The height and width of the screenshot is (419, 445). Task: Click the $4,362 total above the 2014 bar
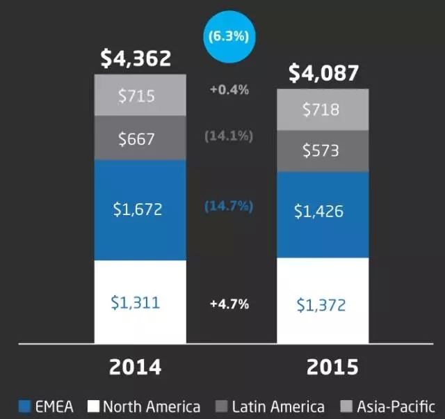(x=136, y=58)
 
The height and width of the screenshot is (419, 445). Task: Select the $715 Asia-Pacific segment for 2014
(x=140, y=96)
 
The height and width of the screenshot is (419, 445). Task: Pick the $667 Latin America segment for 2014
(x=140, y=139)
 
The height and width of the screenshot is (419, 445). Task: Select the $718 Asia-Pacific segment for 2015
(x=323, y=109)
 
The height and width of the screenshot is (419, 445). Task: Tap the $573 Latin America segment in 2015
(x=323, y=150)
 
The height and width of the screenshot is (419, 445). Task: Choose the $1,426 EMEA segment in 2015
(x=323, y=212)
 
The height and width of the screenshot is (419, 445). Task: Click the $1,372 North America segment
(x=323, y=304)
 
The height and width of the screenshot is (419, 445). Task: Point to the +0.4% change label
(x=229, y=90)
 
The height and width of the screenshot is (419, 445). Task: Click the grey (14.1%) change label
(x=228, y=136)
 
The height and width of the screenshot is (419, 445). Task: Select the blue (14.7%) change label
(x=228, y=206)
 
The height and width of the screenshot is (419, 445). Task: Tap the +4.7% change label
(x=229, y=304)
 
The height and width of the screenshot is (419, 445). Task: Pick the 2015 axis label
(x=323, y=367)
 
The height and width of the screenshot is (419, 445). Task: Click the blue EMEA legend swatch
(x=25, y=406)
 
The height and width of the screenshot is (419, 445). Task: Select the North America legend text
(x=152, y=406)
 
